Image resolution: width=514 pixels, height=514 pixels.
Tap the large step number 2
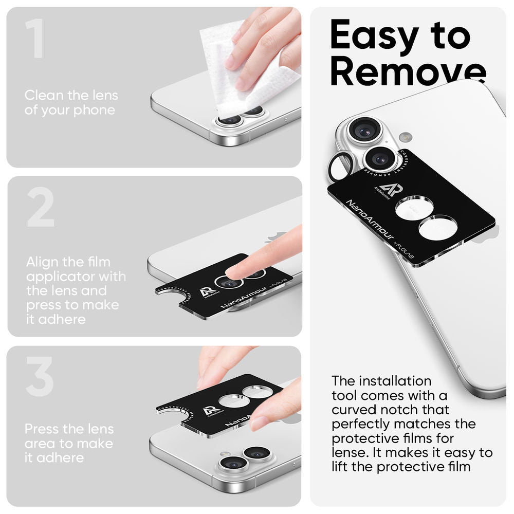41,207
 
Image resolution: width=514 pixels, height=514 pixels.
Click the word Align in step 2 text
43,262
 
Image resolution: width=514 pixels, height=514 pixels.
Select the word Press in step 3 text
42,429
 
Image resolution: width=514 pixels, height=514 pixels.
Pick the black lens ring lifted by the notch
340,166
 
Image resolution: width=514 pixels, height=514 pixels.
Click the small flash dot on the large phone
405,137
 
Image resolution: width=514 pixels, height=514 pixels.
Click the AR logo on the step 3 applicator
211,411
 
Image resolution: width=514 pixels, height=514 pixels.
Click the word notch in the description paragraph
402,410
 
